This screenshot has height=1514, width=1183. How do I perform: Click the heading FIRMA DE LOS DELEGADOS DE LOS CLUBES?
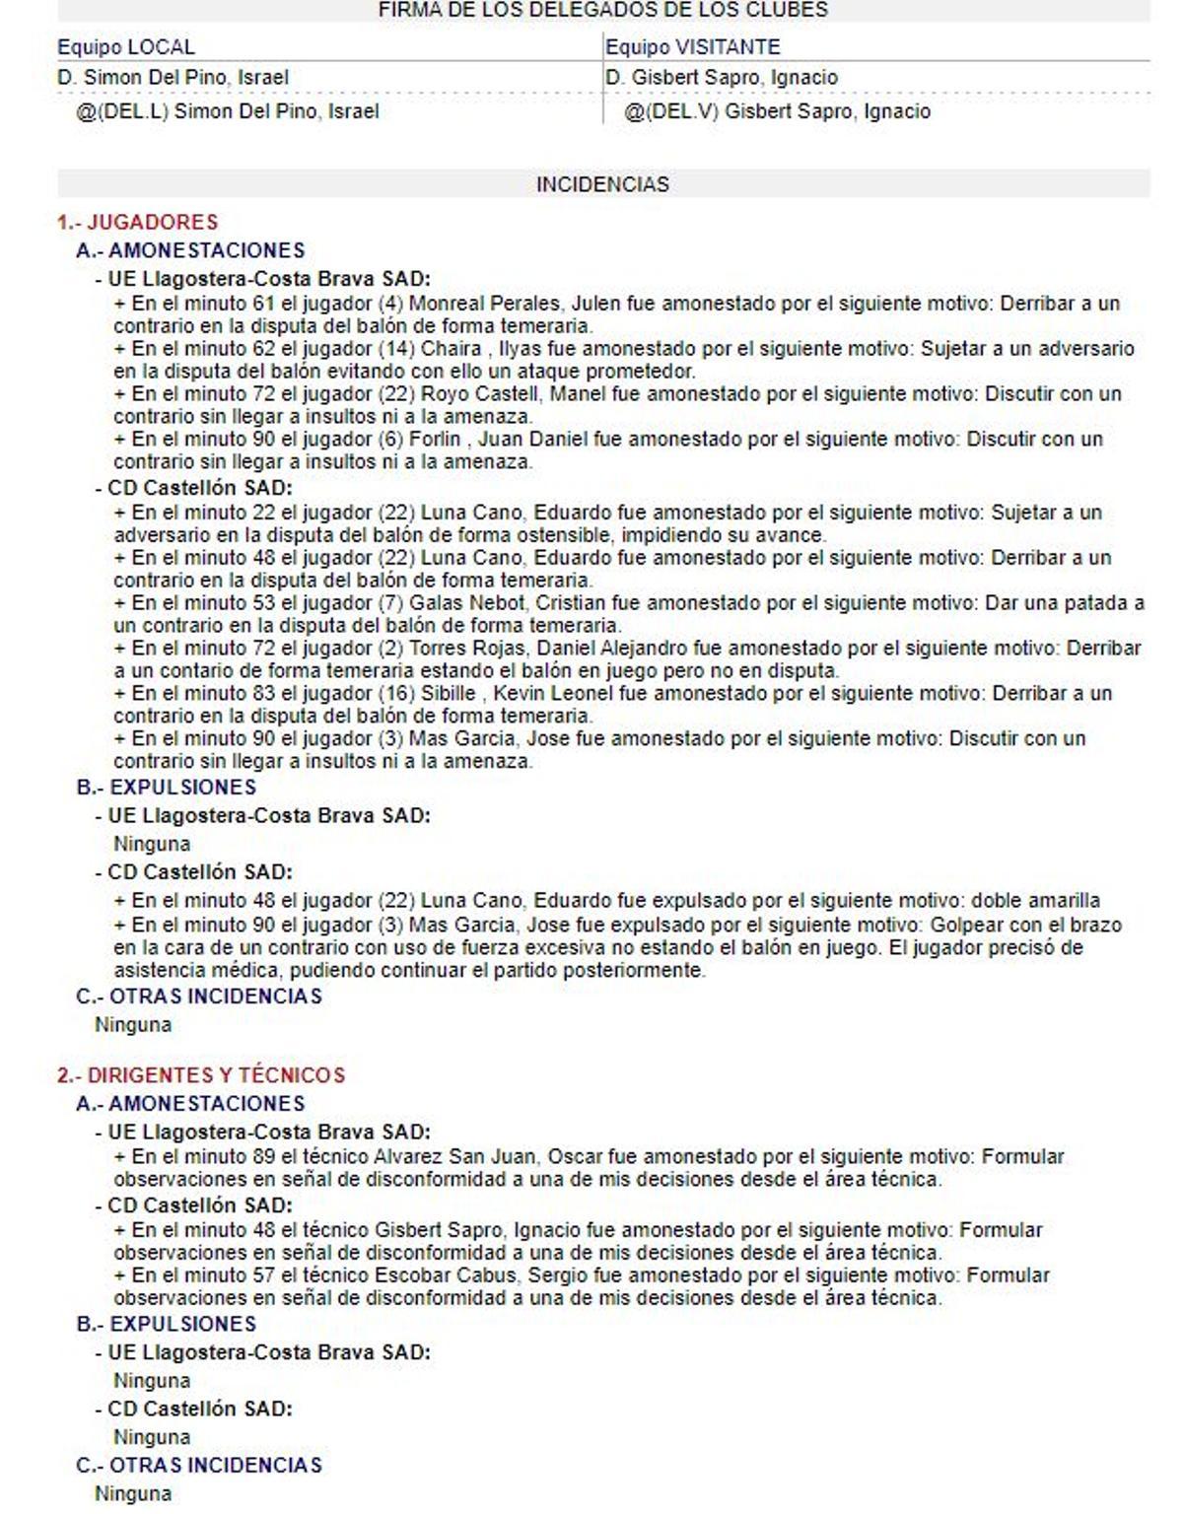[x=602, y=10]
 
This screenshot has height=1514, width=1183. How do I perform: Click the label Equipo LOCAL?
[x=126, y=47]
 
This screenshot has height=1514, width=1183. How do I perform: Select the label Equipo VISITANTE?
[x=692, y=47]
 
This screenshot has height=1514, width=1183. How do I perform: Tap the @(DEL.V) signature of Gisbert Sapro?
[x=777, y=111]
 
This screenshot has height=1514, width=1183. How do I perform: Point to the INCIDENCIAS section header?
[x=602, y=184]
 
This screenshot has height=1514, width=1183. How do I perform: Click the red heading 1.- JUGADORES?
[x=137, y=222]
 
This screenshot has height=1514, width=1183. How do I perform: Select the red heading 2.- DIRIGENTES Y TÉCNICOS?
[x=201, y=1074]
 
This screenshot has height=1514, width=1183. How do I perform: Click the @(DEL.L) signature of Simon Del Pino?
[x=228, y=111]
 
